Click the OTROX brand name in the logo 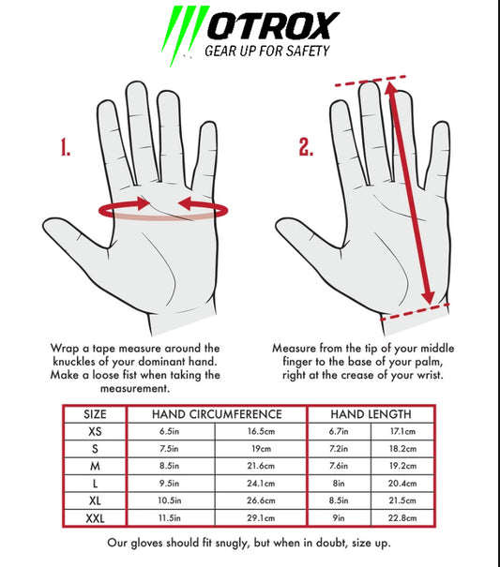pos(273,25)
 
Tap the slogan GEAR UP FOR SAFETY pos(267,51)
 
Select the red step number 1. pos(65,147)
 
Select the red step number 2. pos(306,147)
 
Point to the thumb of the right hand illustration pos(308,235)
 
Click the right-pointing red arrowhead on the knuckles pos(144,203)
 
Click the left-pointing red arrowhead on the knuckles pos(185,203)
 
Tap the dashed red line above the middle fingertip pos(371,81)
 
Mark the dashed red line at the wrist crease pos(415,312)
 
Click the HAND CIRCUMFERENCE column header pos(217,414)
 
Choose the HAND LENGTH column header pos(371,414)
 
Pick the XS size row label pos(95,431)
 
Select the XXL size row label pos(95,518)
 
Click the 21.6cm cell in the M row pos(261,466)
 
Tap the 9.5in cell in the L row pos(169,483)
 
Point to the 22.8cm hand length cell pos(402,518)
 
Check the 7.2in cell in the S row pos(339,448)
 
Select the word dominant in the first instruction pos(162,362)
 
